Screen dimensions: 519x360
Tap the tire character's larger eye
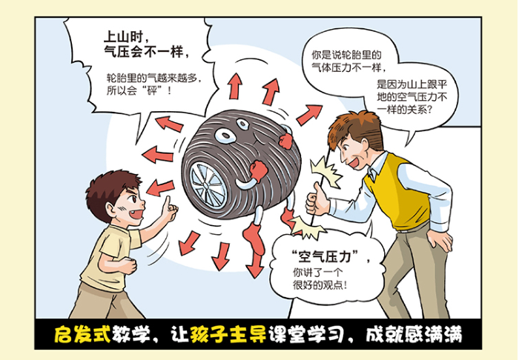[x=225, y=136]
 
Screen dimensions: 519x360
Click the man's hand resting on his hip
[x=440, y=240]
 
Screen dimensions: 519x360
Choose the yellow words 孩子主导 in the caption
[x=228, y=334]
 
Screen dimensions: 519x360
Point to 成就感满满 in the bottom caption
[x=414, y=334]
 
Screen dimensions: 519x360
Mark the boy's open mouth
[x=136, y=214]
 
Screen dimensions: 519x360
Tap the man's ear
[x=365, y=144]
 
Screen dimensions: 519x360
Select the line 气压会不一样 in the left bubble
[x=147, y=53]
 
